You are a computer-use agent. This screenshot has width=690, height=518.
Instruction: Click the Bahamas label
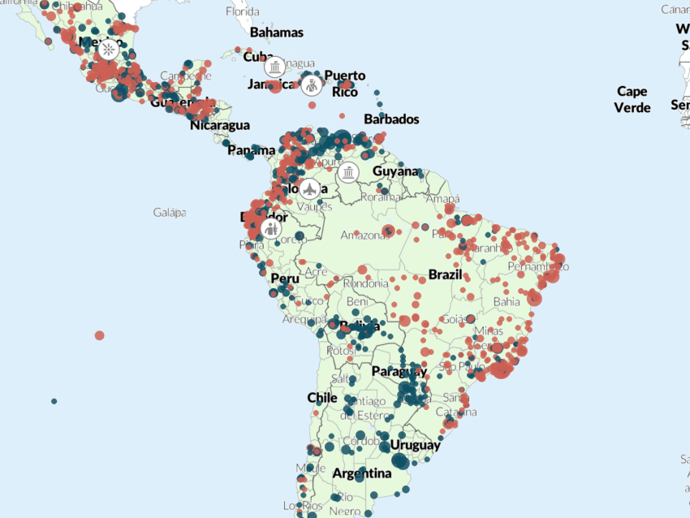coord(276,32)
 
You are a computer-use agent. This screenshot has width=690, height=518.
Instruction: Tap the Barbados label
coord(391,119)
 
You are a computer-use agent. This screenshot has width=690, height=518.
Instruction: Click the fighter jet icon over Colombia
coord(308,189)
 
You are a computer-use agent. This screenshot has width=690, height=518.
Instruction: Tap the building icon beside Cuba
coord(275,66)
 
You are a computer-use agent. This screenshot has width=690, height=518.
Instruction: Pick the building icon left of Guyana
coord(349,172)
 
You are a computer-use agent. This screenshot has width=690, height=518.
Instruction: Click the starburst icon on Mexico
coord(108,50)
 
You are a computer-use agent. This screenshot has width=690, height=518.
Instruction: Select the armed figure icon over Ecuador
coord(272,229)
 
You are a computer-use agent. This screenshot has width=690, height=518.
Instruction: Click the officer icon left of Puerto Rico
coord(312,84)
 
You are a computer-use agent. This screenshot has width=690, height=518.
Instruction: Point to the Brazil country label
coord(445,274)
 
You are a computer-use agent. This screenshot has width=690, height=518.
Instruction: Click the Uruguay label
coord(415,445)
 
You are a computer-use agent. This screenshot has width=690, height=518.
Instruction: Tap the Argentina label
coord(362,473)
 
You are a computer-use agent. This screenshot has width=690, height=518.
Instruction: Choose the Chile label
coord(321,398)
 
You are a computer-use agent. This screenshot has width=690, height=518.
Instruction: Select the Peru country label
coord(285,278)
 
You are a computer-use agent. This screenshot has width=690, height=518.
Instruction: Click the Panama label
coord(251,150)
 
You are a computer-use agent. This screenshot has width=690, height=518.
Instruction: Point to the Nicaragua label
coord(220,126)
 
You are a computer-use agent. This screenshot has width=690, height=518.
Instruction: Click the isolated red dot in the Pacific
coord(99,335)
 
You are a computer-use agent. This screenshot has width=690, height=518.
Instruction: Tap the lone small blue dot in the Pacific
coord(54,401)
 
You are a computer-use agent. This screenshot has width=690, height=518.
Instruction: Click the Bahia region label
coord(507,301)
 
